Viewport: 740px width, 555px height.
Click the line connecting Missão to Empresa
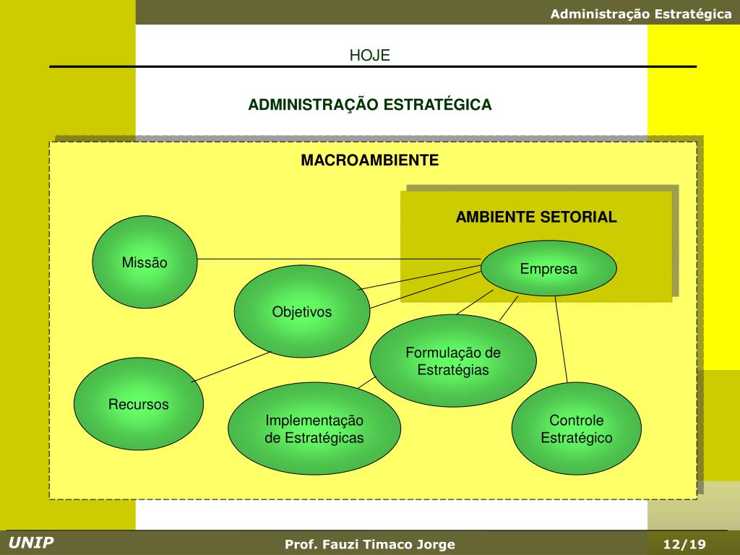pyautogui.click(x=340, y=259)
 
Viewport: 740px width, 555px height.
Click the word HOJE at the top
pyautogui.click(x=370, y=56)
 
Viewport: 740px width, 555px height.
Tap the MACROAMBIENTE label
pyautogui.click(x=370, y=160)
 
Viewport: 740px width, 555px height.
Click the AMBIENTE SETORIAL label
pyautogui.click(x=536, y=217)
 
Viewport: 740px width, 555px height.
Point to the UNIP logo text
pyautogui.click(x=31, y=543)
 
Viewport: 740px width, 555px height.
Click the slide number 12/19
pyautogui.click(x=684, y=544)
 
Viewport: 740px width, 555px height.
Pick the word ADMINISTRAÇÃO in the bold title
pyautogui.click(x=313, y=105)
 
